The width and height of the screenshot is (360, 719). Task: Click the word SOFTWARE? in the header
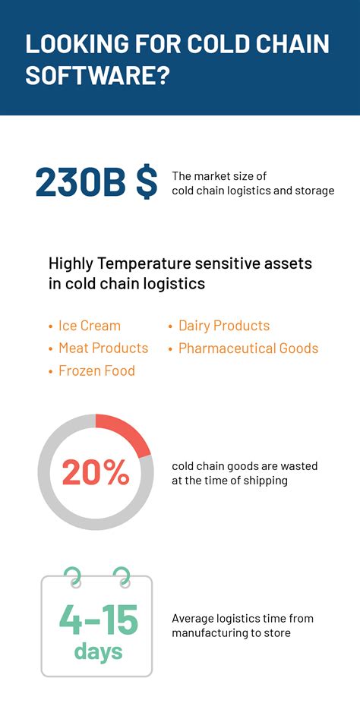96,76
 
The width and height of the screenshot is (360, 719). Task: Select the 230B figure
81,183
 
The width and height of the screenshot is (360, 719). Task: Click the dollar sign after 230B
147,183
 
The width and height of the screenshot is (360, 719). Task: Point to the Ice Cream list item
89,326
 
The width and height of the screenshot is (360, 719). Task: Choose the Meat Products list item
103,348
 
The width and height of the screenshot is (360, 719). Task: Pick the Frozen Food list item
96,371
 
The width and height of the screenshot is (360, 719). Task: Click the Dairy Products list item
223,326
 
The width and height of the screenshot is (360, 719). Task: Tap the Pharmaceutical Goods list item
248,348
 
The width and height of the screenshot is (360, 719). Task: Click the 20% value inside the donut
96,472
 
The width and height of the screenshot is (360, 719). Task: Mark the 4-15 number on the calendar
98,620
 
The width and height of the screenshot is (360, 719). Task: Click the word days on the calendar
98,651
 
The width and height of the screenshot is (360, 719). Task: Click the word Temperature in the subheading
143,264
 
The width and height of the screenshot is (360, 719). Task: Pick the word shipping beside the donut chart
265,481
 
